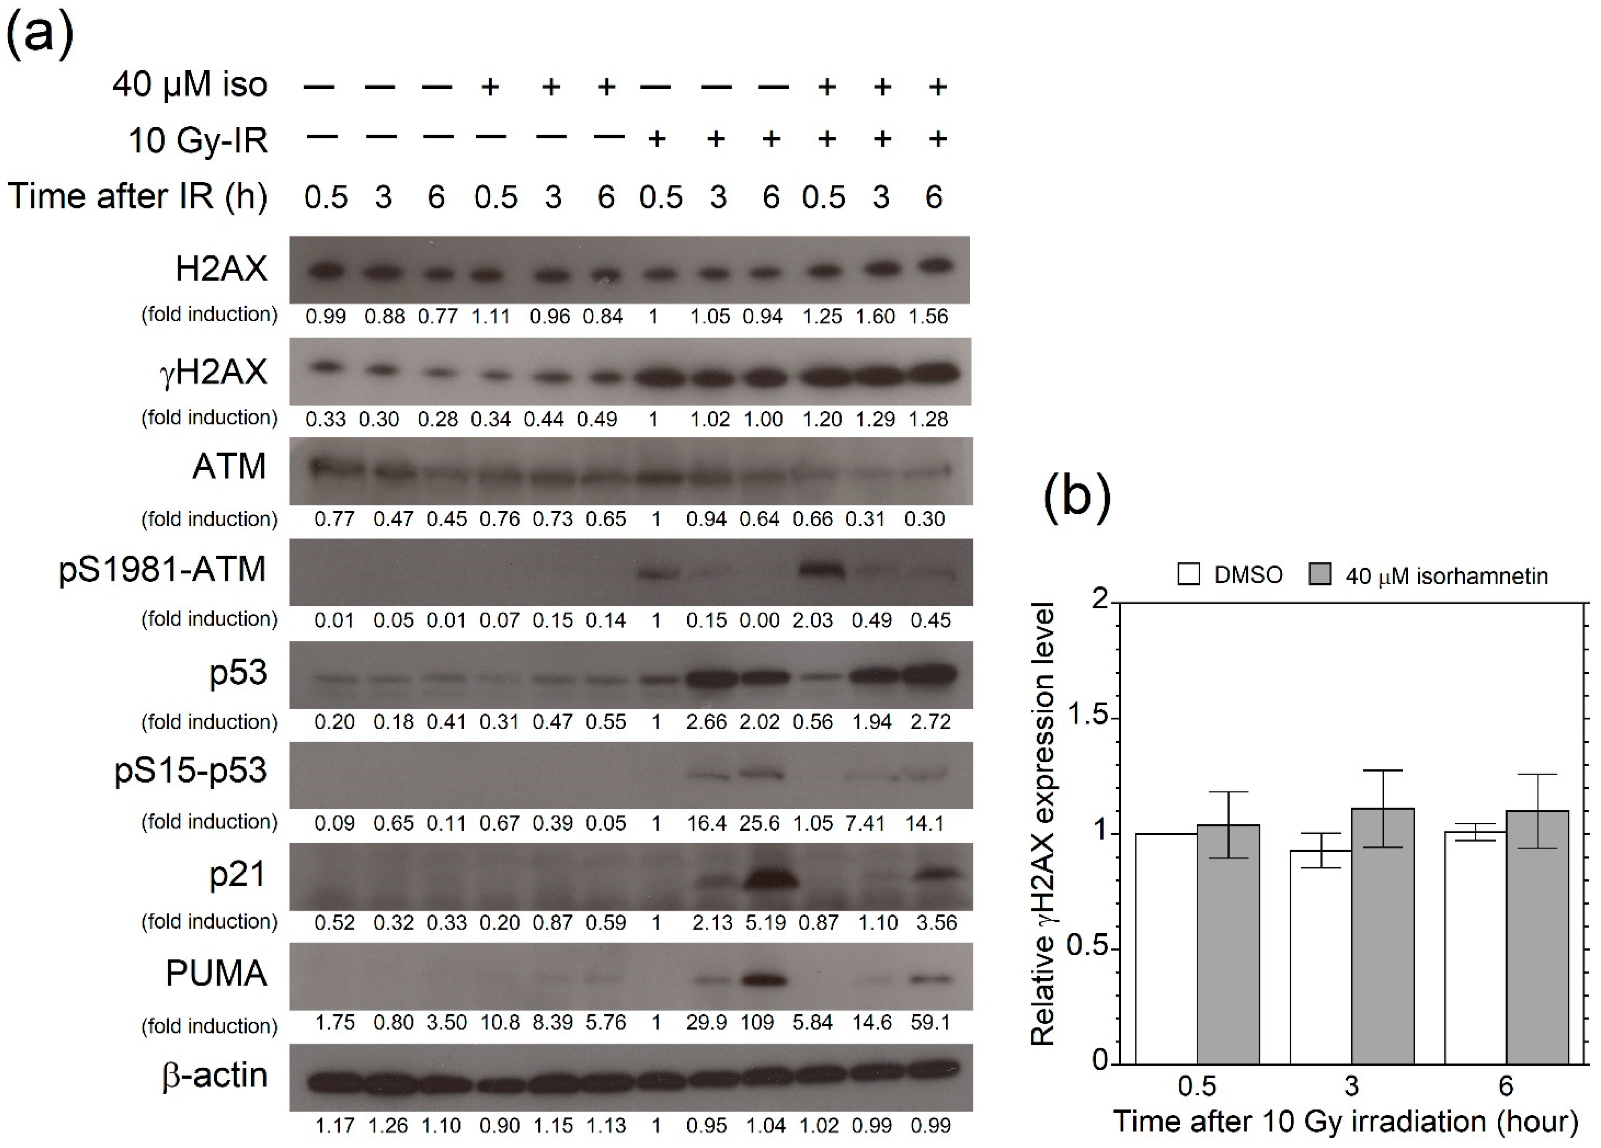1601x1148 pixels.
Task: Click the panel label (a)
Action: coord(39,33)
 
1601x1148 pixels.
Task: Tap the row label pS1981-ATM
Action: coord(162,569)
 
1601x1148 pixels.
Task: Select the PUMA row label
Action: coord(216,974)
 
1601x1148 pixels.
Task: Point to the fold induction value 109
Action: coord(758,1022)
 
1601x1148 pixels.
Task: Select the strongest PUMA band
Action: coord(764,980)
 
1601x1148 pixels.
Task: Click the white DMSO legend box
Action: coord(1189,574)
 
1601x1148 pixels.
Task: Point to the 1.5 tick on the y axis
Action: coord(1088,717)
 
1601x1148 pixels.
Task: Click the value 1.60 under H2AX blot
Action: coord(875,316)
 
